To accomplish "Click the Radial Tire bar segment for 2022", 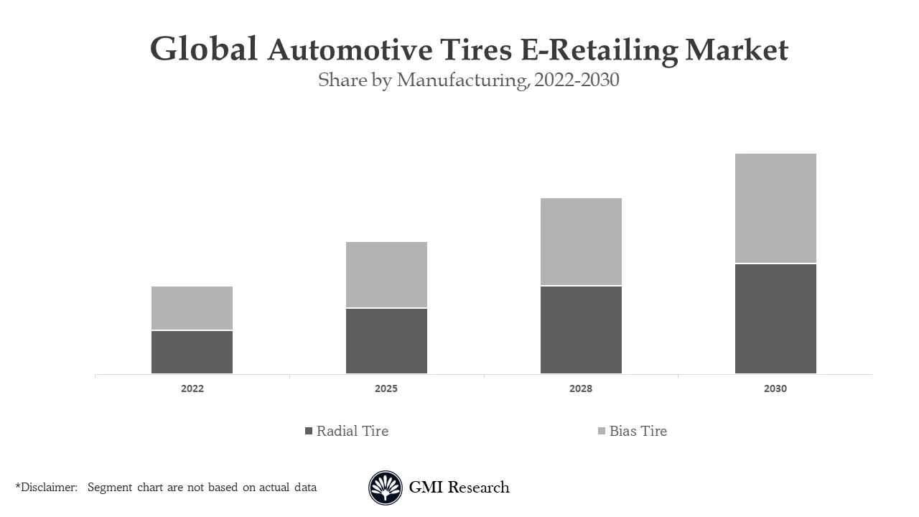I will click(x=192, y=352).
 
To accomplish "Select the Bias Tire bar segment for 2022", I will click(x=192, y=308).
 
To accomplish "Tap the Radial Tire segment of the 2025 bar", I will click(x=386, y=341).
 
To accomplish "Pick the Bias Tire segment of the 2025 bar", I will click(x=386, y=274).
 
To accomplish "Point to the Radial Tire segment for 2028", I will click(x=581, y=330).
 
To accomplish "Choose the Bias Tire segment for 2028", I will click(x=581, y=241).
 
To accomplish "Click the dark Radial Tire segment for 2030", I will click(x=775, y=319).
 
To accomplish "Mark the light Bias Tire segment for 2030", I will click(x=775, y=208).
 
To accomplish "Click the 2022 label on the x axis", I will click(x=192, y=388).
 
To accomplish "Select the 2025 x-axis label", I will click(x=386, y=388).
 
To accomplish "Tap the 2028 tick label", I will click(x=581, y=388).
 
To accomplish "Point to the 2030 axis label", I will click(x=775, y=388).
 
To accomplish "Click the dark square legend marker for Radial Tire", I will click(x=309, y=431).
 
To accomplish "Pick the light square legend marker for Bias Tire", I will click(x=602, y=431).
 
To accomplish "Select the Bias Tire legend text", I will click(x=638, y=431).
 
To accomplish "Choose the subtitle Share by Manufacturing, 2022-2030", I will click(x=468, y=80).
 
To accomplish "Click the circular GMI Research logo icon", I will click(x=386, y=488).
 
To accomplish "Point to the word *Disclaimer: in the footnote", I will click(x=46, y=488).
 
